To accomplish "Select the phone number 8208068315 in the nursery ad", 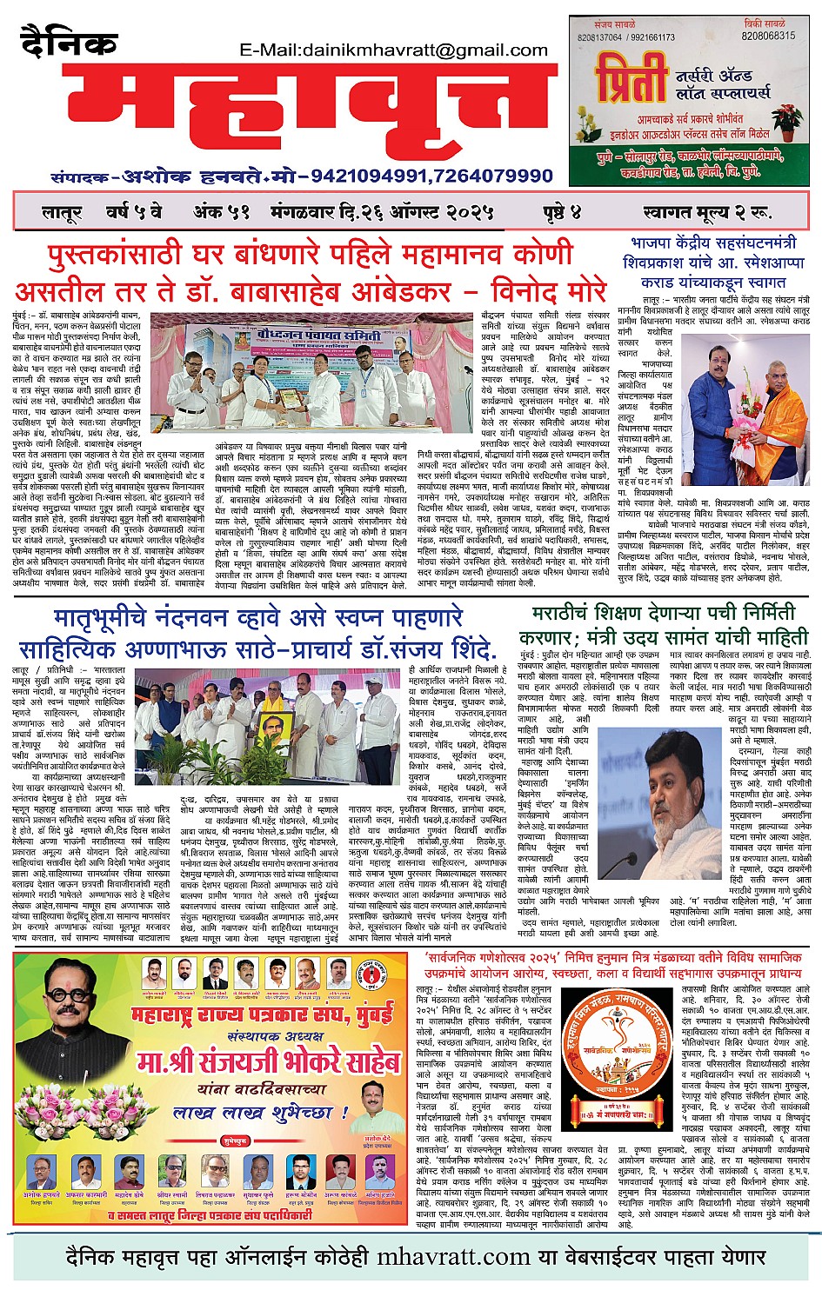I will (x=768, y=37).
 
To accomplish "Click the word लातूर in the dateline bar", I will (x=62, y=212).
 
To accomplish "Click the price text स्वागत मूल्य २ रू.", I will (x=707, y=212).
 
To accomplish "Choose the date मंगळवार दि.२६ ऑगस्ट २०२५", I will (x=382, y=212).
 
